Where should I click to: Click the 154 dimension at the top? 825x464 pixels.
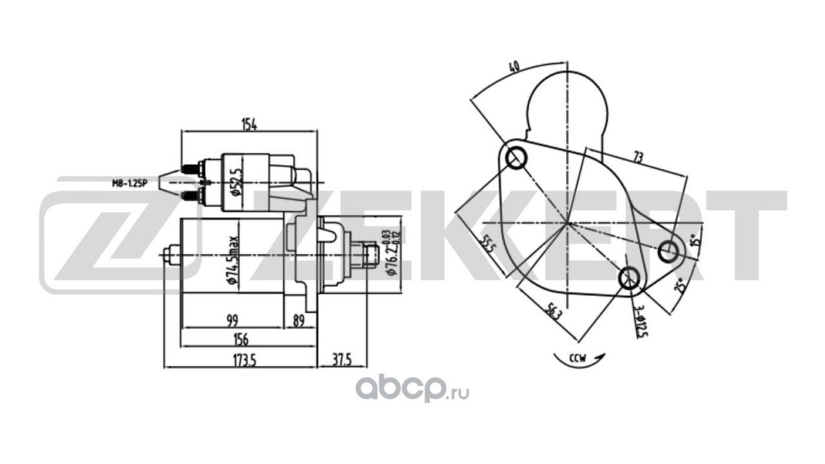[249, 125]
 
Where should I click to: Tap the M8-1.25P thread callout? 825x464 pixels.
[128, 184]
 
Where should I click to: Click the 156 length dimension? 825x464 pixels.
[240, 339]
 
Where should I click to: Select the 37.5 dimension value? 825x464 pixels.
[341, 360]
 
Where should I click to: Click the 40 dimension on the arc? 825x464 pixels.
[514, 67]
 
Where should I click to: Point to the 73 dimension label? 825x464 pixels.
[637, 157]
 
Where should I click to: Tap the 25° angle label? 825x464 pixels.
[679, 284]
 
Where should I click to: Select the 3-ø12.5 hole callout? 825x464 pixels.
[639, 322]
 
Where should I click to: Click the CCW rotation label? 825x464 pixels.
[577, 359]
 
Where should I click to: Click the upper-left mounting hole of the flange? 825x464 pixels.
[516, 157]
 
